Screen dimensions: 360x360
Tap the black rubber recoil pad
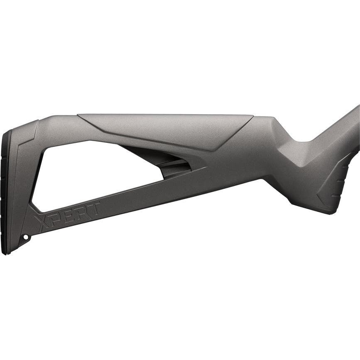(6, 191)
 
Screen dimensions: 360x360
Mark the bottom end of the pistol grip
(324, 210)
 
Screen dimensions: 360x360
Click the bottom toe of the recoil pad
(5, 251)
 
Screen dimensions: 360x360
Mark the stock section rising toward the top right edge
(340, 125)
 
